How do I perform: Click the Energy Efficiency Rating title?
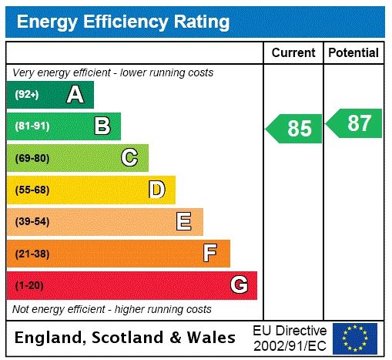coord(122,21)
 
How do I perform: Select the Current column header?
coord(293,53)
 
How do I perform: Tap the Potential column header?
coord(353,53)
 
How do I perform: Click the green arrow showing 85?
coord(294,128)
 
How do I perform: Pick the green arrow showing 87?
coord(354,123)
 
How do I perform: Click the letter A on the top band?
coord(75,95)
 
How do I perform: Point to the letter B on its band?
coord(102,126)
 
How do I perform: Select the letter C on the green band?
coord(129,158)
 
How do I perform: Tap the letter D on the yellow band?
coord(156,190)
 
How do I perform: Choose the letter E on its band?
coord(184,222)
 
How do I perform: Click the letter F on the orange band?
coord(210,253)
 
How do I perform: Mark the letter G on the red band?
coord(239,285)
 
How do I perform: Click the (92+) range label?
coord(27,95)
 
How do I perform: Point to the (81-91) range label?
coord(32,126)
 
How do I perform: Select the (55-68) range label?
coord(32,190)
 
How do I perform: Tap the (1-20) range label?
coord(29,285)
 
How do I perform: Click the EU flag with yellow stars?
coord(355,338)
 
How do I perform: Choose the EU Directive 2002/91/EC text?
coord(290,338)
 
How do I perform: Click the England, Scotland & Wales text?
coord(126,338)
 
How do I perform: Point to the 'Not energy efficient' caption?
coord(112,309)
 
